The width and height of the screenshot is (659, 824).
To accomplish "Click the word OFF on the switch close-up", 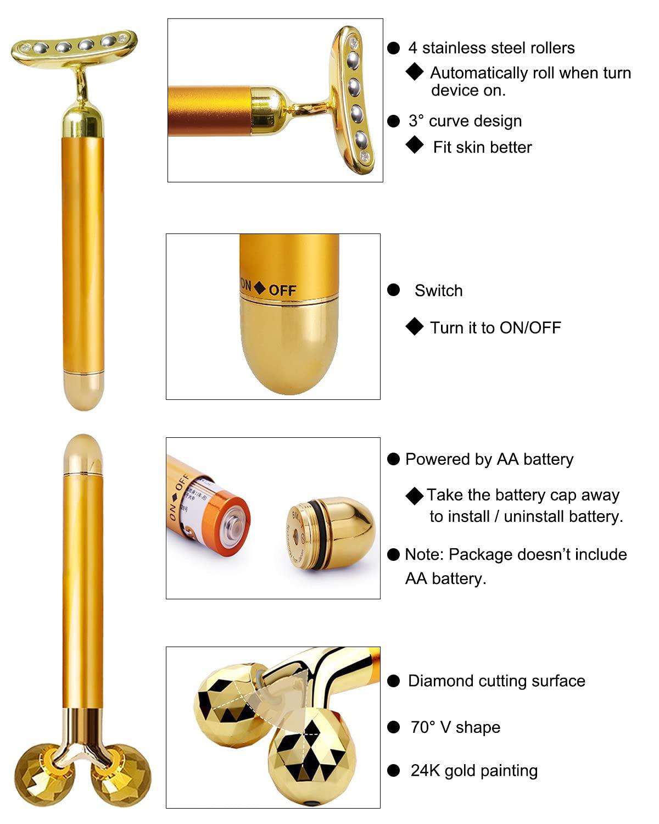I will pyautogui.click(x=282, y=290).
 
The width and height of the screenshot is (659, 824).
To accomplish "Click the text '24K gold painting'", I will pyautogui.click(x=473, y=771).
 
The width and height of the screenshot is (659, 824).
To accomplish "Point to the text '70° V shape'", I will pyautogui.click(x=455, y=727).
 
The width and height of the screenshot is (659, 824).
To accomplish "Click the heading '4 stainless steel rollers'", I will pyautogui.click(x=491, y=48).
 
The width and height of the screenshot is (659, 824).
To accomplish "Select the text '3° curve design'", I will pyautogui.click(x=465, y=121).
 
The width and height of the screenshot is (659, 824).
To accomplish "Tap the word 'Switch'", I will pyautogui.click(x=438, y=291).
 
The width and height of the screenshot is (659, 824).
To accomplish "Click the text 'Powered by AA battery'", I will pyautogui.click(x=489, y=459).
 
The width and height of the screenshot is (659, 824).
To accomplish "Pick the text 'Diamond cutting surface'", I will pyautogui.click(x=496, y=681).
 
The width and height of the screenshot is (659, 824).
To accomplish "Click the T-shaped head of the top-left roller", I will pyautogui.click(x=74, y=47).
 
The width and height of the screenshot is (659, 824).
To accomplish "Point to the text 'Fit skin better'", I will pyautogui.click(x=482, y=147).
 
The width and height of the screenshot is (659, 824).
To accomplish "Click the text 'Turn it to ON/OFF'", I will pyautogui.click(x=495, y=328).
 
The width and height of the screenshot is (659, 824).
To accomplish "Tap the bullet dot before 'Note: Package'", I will pyautogui.click(x=393, y=555).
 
